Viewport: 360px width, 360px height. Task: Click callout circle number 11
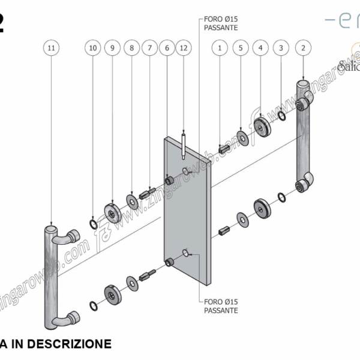coord(52,47)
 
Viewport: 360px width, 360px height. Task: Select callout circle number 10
coord(92,47)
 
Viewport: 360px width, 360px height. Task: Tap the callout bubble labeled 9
coord(112,47)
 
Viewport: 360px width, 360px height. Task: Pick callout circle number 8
coord(131,47)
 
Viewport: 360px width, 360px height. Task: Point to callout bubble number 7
coord(149,47)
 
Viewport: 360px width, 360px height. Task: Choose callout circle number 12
coord(184,47)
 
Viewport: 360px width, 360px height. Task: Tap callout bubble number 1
coord(221,47)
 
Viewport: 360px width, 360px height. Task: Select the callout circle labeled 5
coord(241,47)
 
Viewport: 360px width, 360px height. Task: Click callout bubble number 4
coord(260,47)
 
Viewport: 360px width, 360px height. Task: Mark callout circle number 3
coord(281,47)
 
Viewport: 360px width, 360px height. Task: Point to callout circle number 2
coord(303,47)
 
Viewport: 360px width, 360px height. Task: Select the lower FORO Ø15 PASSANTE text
coord(221,306)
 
